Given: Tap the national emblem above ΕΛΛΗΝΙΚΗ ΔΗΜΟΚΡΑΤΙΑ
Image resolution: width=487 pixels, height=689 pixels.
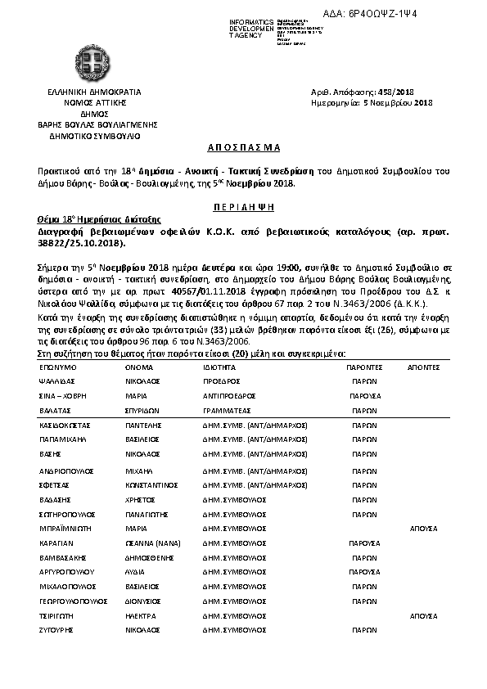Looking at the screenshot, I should pyautogui.click(x=83, y=63).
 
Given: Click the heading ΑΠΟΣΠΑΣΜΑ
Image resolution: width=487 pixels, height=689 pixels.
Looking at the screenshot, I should pyautogui.click(x=243, y=147).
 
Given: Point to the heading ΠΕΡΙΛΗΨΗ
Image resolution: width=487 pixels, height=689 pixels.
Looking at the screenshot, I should pyautogui.click(x=243, y=208).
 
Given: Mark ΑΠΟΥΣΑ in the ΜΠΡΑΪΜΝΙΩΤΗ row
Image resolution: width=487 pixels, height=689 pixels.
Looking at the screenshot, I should pyautogui.click(x=423, y=529).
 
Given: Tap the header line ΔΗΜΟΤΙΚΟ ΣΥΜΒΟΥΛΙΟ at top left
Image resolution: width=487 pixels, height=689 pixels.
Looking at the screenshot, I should pyautogui.click(x=83, y=136).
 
